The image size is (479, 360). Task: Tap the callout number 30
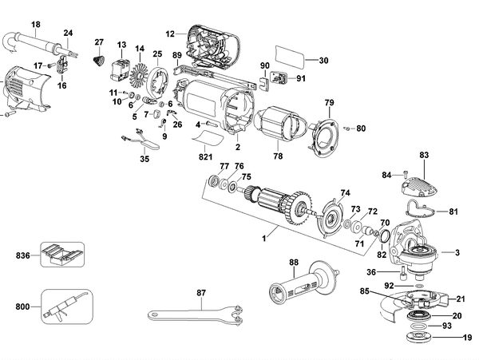(x=323, y=61)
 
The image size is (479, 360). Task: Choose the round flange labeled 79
(x=323, y=132)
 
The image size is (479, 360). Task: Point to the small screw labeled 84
(x=406, y=170)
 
